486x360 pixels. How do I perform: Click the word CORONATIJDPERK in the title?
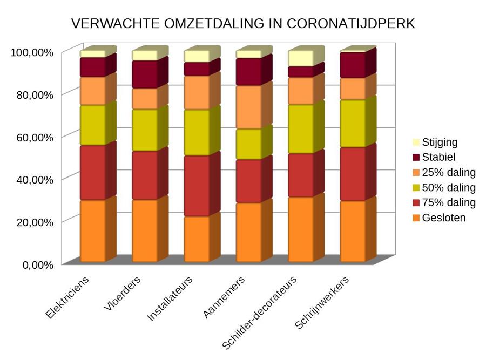tap(350, 24)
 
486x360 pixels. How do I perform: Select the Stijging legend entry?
tap(435, 142)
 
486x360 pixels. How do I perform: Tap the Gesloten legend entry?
tap(439, 218)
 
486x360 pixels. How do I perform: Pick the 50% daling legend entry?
tap(444, 188)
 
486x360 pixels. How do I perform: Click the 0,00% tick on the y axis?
tap(38, 265)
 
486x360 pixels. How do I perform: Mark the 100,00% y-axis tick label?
tap(32, 52)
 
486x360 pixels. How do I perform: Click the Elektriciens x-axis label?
tap(67, 297)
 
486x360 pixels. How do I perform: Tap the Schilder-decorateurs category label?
tap(259, 313)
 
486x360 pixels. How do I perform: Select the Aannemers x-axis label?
tap(224, 297)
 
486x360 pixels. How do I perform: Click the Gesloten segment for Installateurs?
tap(197, 239)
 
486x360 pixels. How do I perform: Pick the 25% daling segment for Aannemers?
tap(249, 107)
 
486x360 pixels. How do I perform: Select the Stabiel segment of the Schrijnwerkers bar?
tap(353, 65)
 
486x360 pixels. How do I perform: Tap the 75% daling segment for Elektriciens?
tap(93, 173)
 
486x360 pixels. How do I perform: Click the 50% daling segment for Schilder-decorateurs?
tap(301, 129)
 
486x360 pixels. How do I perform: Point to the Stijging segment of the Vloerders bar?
tap(145, 56)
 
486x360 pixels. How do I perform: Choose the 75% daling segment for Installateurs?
tap(197, 186)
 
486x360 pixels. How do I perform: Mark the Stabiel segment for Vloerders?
tap(145, 74)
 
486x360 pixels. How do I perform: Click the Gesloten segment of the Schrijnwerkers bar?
tap(353, 232)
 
